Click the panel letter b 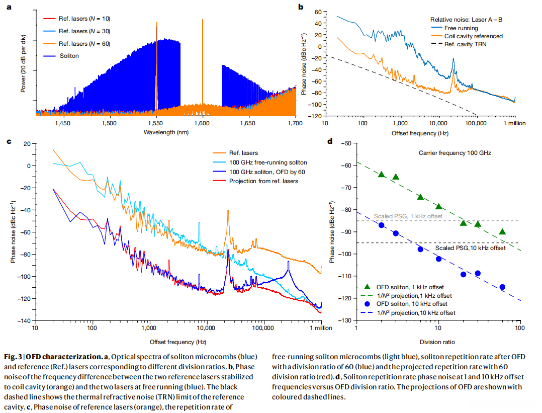coord(300,7)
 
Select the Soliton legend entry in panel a coord(69,55)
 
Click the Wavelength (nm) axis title coord(165,132)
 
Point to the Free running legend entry coord(461,28)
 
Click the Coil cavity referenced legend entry coord(473,36)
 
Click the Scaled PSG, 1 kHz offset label coord(407,216)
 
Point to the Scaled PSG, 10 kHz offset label coord(470,249)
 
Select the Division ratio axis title coord(437,342)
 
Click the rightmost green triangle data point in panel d coord(502,232)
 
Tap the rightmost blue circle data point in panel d coord(502,287)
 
